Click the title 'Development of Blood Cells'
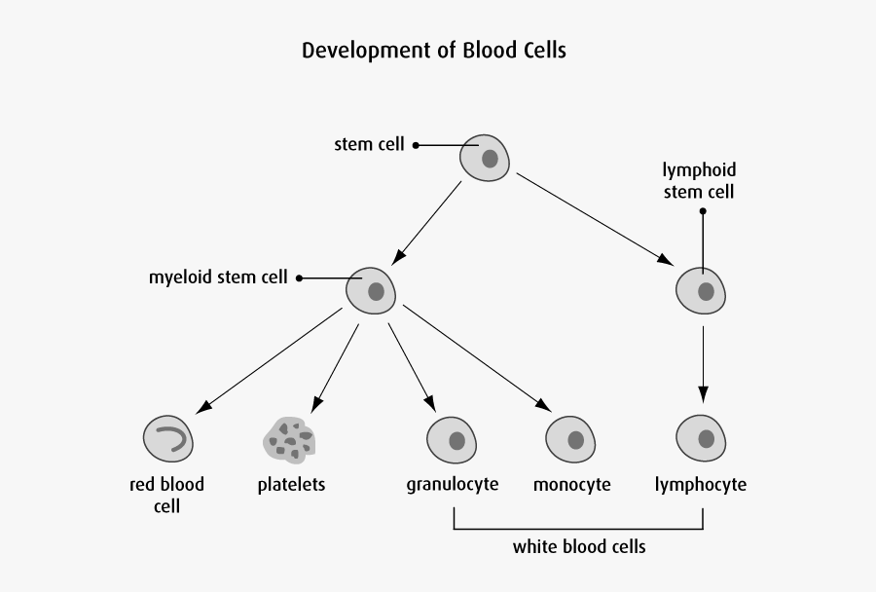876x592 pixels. [433, 50]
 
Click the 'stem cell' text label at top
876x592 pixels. [369, 145]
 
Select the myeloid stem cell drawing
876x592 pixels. [370, 290]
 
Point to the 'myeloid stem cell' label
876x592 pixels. [218, 277]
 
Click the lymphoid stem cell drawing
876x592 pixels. [701, 290]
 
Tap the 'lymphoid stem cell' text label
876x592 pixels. [699, 181]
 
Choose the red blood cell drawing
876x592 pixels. [168, 438]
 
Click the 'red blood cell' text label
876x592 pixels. [167, 495]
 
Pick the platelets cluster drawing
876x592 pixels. [289, 439]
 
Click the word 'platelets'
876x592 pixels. [291, 484]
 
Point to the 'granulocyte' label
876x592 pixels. [453, 484]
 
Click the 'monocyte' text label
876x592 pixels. [572, 484]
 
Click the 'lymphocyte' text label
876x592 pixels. [701, 484]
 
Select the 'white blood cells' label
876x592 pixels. [579, 546]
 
